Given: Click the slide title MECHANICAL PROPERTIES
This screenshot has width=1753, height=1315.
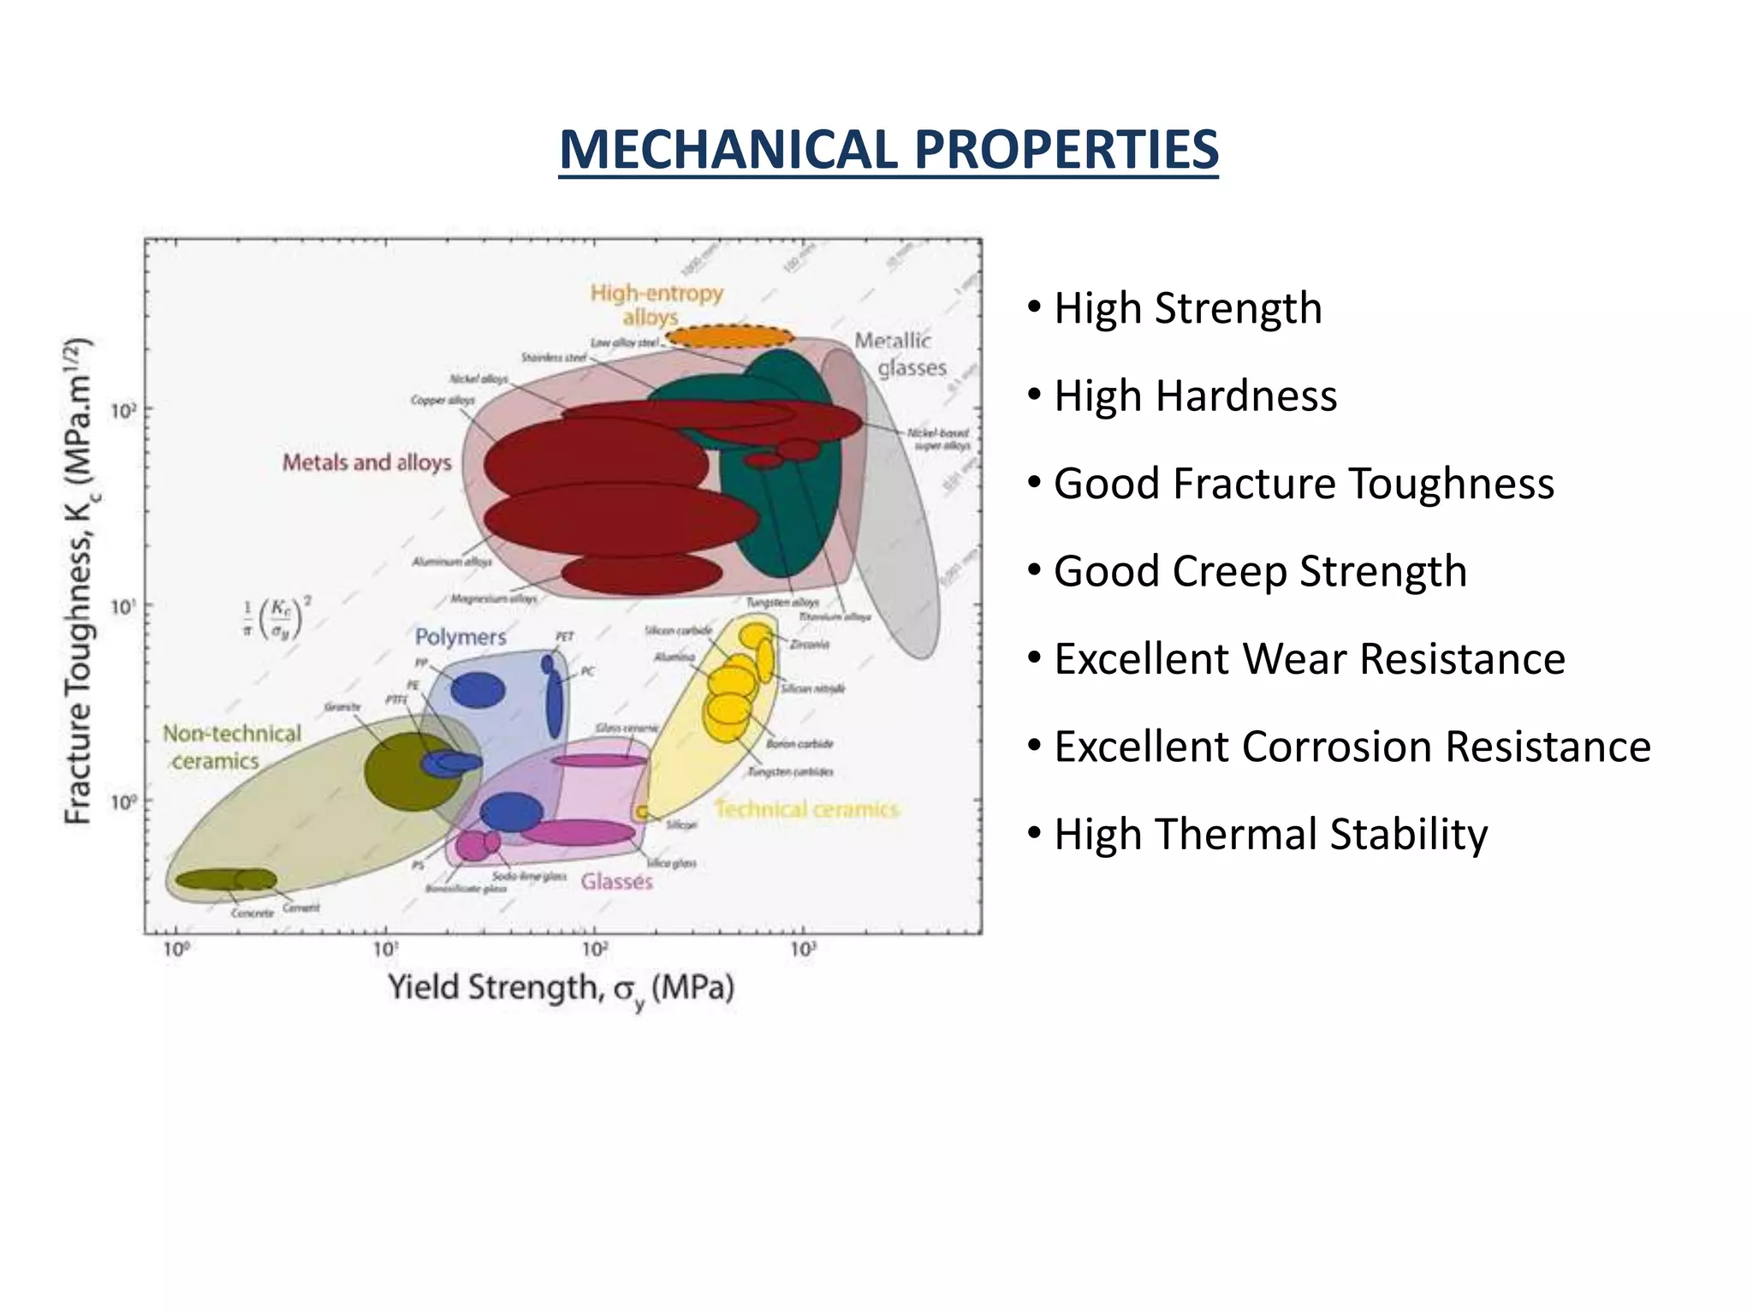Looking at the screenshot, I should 888,150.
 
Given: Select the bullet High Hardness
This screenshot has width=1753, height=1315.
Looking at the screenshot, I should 1194,396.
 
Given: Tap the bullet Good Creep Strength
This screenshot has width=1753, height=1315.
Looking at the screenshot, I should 1259,572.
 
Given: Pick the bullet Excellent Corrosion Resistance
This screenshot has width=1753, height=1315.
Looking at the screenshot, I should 1352,747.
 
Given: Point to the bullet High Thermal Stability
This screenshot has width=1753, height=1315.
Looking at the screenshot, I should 1270,835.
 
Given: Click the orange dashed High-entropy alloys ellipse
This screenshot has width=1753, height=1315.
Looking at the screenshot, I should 730,336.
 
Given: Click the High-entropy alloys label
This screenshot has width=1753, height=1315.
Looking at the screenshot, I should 656,305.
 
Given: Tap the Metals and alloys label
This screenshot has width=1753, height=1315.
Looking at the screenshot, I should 366,463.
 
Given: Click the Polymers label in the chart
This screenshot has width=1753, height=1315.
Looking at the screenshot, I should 461,637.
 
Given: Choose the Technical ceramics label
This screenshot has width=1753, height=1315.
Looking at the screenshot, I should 806,810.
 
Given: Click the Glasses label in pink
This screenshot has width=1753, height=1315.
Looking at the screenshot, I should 616,882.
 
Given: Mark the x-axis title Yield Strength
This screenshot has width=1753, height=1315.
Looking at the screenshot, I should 561,989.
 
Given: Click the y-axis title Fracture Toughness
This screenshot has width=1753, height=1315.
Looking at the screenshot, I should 79,582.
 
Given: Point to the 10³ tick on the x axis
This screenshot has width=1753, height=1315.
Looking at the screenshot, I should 803,949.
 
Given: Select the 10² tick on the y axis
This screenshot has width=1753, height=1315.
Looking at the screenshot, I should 123,411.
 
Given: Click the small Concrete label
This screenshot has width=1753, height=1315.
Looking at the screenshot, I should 253,913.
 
